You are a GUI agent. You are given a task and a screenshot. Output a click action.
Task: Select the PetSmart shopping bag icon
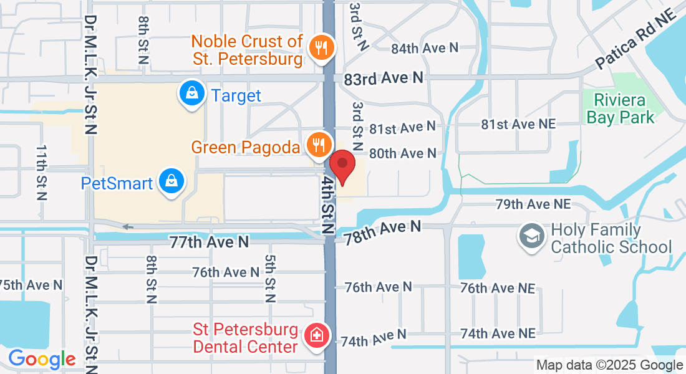[170, 182]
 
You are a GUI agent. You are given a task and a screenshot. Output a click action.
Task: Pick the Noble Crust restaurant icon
[322, 48]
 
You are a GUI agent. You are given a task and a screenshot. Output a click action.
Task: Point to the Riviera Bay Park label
[624, 108]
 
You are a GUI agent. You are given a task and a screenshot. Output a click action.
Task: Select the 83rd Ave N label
[383, 78]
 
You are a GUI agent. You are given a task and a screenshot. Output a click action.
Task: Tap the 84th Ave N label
[424, 48]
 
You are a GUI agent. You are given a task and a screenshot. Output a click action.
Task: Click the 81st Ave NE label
[518, 125]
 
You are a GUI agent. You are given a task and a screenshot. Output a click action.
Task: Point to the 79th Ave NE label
[533, 204]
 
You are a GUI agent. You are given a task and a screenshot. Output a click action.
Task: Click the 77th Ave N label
[208, 242]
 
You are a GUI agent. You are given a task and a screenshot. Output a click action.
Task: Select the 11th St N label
[41, 172]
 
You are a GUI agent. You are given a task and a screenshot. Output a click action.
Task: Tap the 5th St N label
[270, 278]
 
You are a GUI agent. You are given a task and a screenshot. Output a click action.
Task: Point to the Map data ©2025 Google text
[610, 365]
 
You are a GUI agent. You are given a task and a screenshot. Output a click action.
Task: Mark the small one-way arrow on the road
[128, 226]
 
